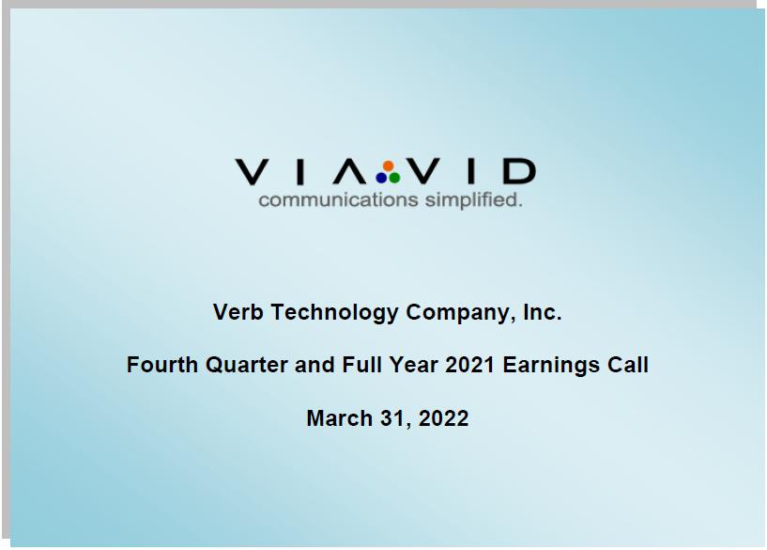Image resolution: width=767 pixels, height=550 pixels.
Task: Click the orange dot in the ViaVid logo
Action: pyautogui.click(x=389, y=166)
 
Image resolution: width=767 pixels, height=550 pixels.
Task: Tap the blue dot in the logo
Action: pyautogui.click(x=381, y=178)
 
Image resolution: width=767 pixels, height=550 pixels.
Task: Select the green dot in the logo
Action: pyautogui.click(x=394, y=178)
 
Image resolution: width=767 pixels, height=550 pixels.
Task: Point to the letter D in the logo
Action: pyautogui.click(x=519, y=171)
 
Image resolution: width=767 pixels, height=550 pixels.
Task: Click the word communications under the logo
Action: pyautogui.click(x=338, y=200)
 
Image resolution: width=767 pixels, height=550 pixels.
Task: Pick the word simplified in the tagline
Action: pyautogui.click(x=471, y=200)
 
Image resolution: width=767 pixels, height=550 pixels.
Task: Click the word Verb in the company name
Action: pyautogui.click(x=238, y=312)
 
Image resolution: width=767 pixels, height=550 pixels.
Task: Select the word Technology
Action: pyautogui.click(x=334, y=313)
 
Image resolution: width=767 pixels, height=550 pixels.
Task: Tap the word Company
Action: pyautogui.click(x=461, y=313)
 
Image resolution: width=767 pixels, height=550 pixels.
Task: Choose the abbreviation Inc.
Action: pyautogui.click(x=543, y=312)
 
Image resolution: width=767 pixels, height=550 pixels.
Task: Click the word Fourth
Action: pyautogui.click(x=162, y=365)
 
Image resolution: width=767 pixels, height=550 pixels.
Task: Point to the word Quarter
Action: pyautogui.click(x=247, y=365)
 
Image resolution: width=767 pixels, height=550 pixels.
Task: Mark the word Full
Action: pyautogui.click(x=361, y=365)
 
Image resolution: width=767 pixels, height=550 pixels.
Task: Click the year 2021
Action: pyautogui.click(x=469, y=365)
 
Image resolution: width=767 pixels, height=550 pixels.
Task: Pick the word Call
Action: pyautogui.click(x=628, y=365)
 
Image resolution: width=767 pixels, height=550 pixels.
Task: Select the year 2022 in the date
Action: pyautogui.click(x=443, y=418)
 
